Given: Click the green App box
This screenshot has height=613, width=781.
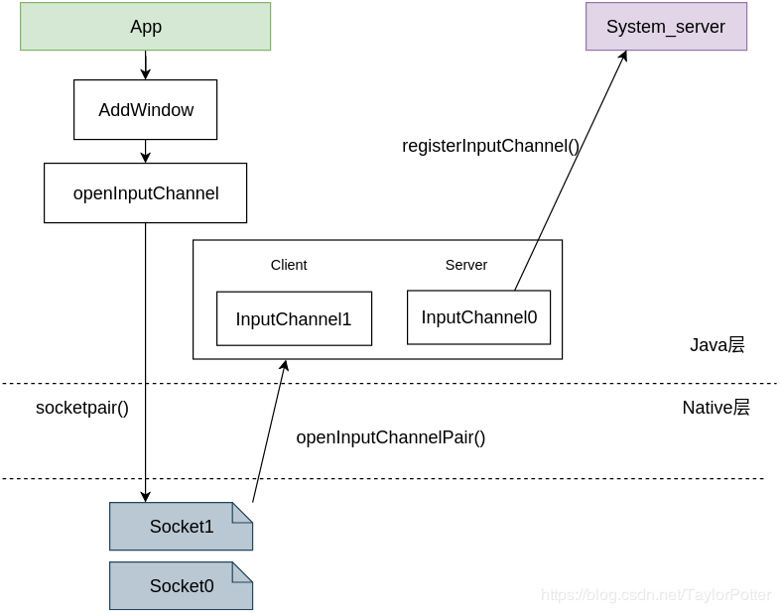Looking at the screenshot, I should [x=145, y=27].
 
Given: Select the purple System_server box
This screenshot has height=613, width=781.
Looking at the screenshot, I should [x=665, y=27].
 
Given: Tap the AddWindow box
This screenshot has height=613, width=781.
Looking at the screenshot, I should [x=145, y=110].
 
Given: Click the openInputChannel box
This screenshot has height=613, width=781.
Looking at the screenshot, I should [x=145, y=193].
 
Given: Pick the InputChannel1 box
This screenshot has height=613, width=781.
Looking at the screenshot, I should [x=294, y=319].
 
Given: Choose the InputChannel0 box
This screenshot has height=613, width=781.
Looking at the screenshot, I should [x=478, y=317].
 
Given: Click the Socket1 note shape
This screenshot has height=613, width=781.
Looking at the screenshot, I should [x=181, y=527].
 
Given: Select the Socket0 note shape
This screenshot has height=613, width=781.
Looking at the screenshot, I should [x=181, y=586].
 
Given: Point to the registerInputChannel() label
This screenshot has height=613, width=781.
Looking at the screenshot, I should [x=490, y=146].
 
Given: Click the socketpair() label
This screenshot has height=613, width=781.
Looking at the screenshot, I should [x=82, y=408].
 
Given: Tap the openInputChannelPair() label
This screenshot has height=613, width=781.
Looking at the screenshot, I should [x=390, y=437].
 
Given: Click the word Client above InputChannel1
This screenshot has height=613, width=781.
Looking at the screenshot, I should [x=289, y=265].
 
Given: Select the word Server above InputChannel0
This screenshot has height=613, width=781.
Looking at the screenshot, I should [x=465, y=265].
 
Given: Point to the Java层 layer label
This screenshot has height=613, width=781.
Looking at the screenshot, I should [x=716, y=345].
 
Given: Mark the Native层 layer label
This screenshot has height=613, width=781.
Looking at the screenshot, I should [x=716, y=408].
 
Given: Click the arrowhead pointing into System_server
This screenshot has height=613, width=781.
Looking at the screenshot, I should [x=623, y=57].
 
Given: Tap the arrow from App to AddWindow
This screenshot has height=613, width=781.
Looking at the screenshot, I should [x=146, y=65].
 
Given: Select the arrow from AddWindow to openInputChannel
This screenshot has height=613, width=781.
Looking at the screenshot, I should [x=146, y=152].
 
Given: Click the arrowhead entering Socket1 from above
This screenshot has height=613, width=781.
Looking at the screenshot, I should [x=146, y=496].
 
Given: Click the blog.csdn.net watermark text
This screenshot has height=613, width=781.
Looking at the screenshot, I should [x=655, y=595].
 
